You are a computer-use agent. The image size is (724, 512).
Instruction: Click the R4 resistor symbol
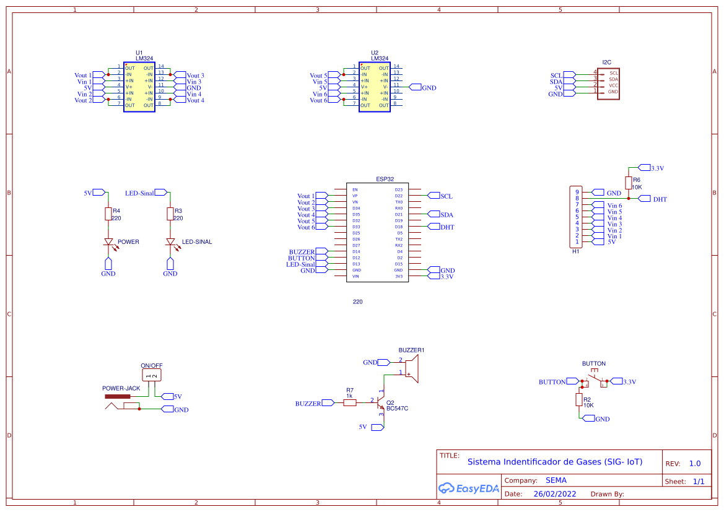pyautogui.click(x=108, y=214)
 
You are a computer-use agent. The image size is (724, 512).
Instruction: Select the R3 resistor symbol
pyautogui.click(x=170, y=214)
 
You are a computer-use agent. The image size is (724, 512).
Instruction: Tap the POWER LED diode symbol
pyautogui.click(x=108, y=242)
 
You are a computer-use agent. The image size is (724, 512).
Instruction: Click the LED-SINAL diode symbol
pyautogui.click(x=170, y=242)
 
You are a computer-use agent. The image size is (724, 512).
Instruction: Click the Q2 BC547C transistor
pyautogui.click(x=380, y=403)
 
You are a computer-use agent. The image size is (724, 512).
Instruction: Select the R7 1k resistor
pyautogui.click(x=350, y=402)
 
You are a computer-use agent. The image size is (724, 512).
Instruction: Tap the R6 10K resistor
pyautogui.click(x=629, y=183)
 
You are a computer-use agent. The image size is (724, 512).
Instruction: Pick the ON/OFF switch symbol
pyautogui.click(x=152, y=375)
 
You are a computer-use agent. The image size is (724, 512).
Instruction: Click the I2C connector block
pyautogui.click(x=608, y=82)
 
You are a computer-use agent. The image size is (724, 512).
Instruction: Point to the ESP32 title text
pyautogui.click(x=385, y=179)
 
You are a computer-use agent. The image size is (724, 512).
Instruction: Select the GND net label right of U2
pyautogui.click(x=428, y=88)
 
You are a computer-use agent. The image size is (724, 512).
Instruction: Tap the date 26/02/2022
pyautogui.click(x=555, y=494)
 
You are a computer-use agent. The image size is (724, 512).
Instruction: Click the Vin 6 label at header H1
pyautogui.click(x=614, y=206)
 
